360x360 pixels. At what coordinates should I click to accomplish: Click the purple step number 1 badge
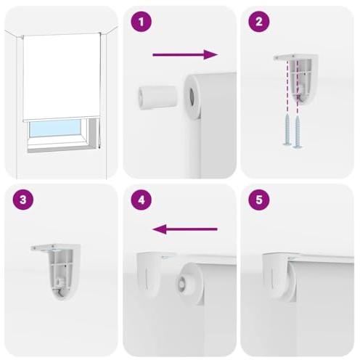tap(142, 22)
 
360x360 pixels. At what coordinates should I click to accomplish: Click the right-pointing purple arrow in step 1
tap(185, 54)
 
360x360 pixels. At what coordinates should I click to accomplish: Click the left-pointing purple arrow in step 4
tap(185, 230)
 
